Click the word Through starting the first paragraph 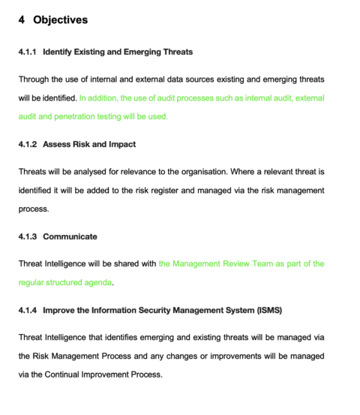click(x=34, y=79)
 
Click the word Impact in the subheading click(x=121, y=143)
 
